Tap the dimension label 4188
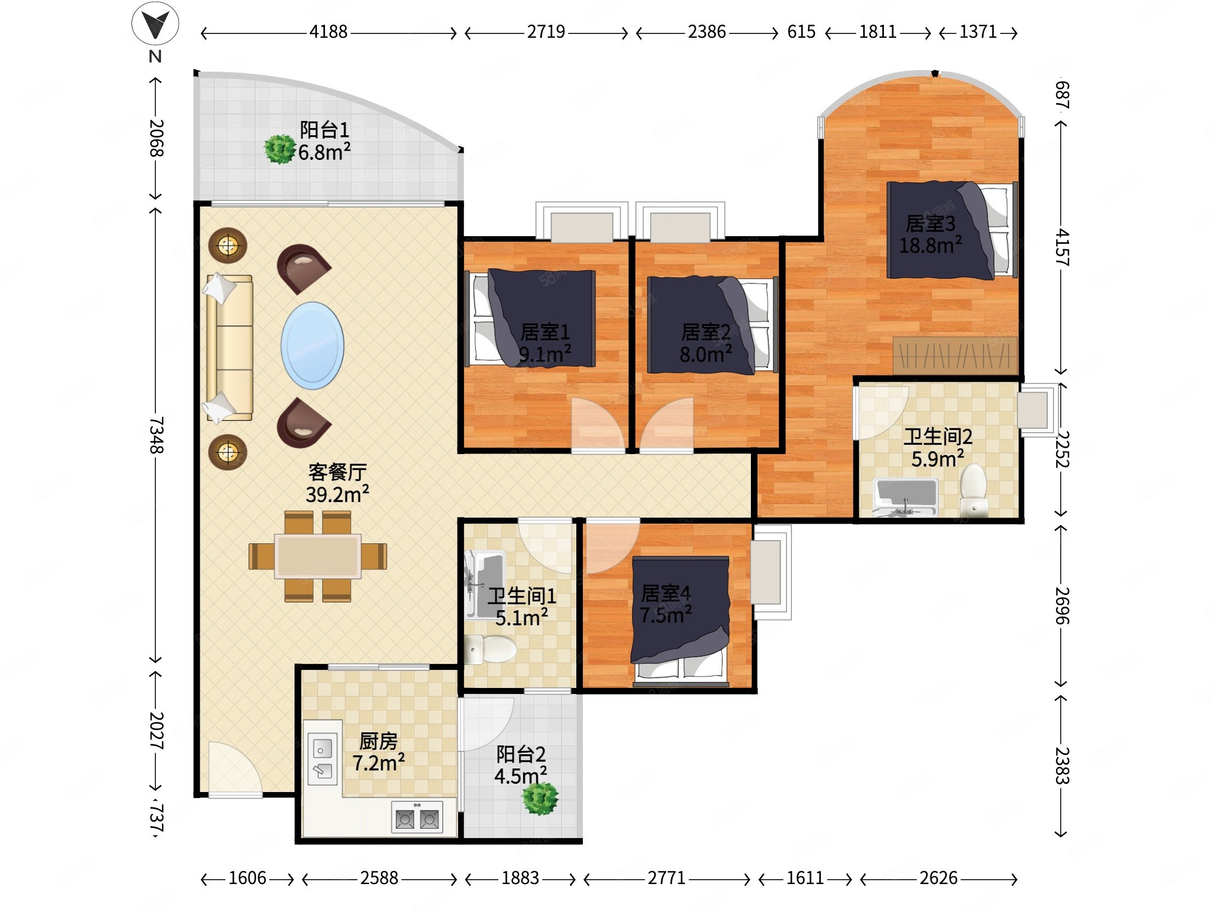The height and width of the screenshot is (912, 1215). click(328, 32)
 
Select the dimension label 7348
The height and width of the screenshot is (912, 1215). click(156, 434)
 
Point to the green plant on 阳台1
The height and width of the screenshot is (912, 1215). click(280, 150)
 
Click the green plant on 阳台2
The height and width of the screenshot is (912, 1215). click(540, 799)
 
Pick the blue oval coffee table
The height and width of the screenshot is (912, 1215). click(313, 346)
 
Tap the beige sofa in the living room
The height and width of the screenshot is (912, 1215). click(229, 348)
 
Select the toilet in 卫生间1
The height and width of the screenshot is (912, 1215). click(489, 650)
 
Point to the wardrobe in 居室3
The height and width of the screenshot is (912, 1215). click(955, 355)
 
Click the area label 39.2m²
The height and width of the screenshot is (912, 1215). click(337, 495)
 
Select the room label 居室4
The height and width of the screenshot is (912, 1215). click(666, 593)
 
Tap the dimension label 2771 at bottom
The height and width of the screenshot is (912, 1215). click(666, 878)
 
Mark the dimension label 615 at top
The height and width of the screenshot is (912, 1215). click(801, 32)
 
